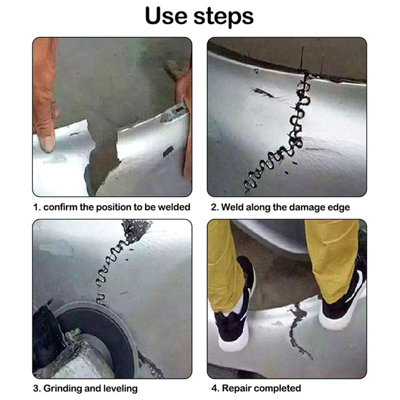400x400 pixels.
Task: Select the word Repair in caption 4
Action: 237,388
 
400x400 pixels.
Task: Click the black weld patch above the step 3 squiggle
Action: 136,230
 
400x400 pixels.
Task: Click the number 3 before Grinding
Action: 36,388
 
